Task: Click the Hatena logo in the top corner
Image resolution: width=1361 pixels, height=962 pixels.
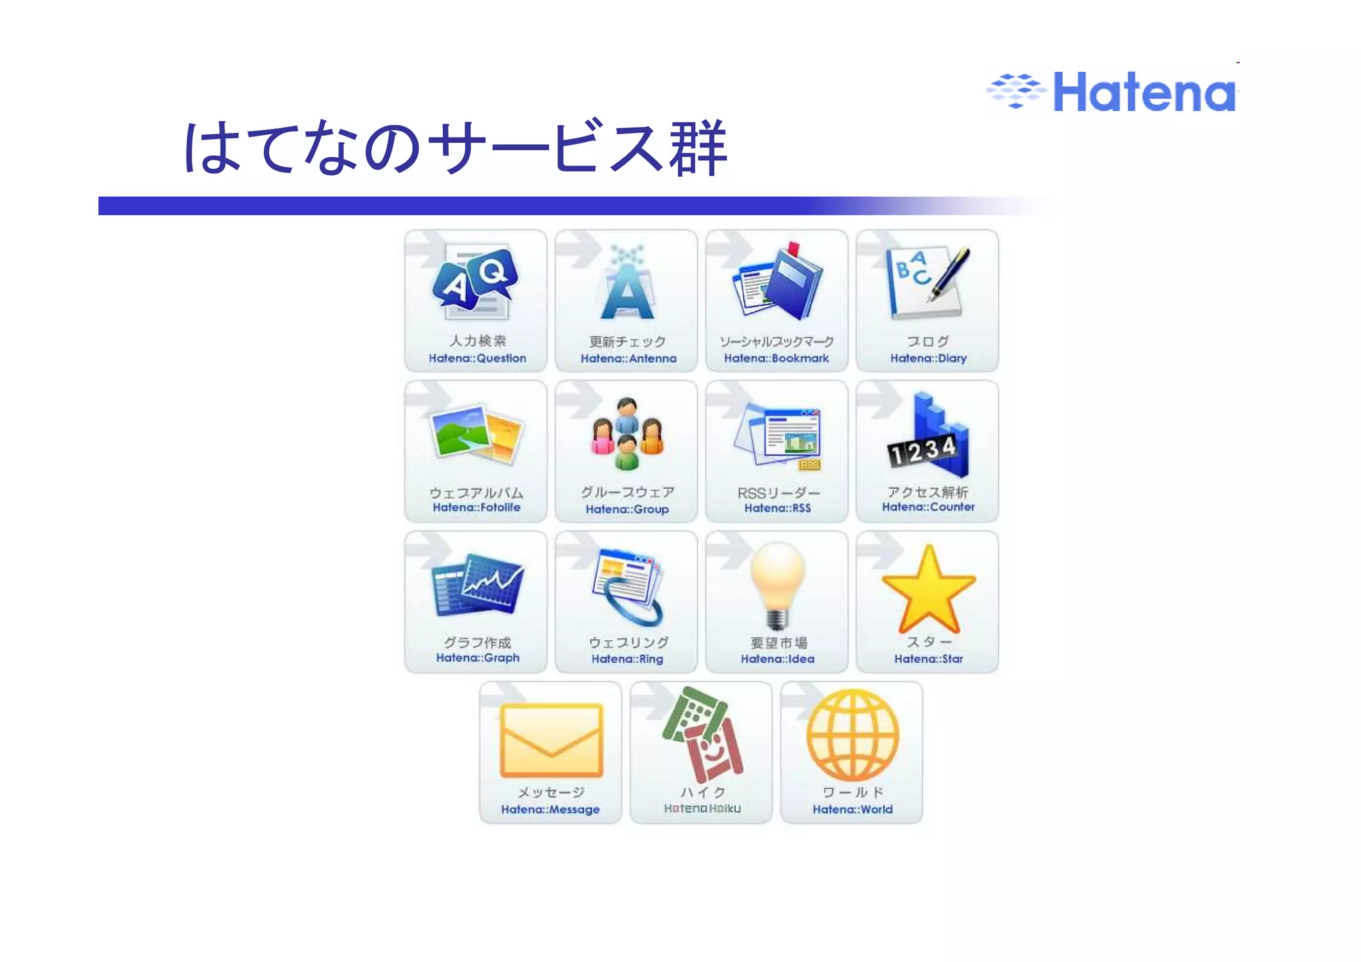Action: pos(1112,92)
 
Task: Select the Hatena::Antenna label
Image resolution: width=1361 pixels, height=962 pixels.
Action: pos(628,358)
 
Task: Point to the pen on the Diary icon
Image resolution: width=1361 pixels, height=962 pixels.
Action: pos(950,273)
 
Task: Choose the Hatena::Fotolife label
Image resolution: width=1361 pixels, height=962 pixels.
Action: pos(476,508)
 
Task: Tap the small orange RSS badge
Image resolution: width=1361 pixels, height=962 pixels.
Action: pos(810,465)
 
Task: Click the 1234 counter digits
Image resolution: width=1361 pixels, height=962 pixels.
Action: pos(922,451)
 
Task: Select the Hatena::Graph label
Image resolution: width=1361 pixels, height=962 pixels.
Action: pos(477,658)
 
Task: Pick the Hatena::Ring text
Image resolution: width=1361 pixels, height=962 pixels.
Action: pos(627,659)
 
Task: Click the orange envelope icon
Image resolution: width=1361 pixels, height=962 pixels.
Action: pos(551,740)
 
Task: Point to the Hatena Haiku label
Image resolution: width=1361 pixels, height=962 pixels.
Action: pos(702,808)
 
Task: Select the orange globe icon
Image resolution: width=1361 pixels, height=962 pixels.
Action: pos(853,735)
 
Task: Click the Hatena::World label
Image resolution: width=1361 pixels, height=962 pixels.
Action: pos(853,809)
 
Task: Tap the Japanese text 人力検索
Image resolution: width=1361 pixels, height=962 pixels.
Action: pos(477,341)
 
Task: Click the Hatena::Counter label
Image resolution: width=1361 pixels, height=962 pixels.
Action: pos(928,507)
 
